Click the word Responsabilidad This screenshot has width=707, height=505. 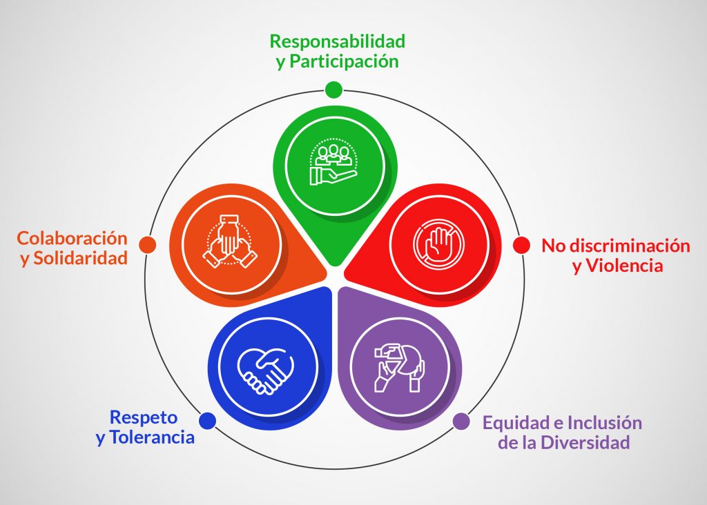pos(337,41)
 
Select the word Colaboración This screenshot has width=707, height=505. pos(72,238)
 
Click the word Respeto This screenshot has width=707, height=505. pos(144,417)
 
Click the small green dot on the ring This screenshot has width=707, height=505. pos(333,90)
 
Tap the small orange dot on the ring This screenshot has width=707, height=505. pos(147,245)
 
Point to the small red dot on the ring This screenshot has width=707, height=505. pos(521,246)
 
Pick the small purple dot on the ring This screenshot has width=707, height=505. pos(461,422)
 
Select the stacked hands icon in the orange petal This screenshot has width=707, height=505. pos(230,243)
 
